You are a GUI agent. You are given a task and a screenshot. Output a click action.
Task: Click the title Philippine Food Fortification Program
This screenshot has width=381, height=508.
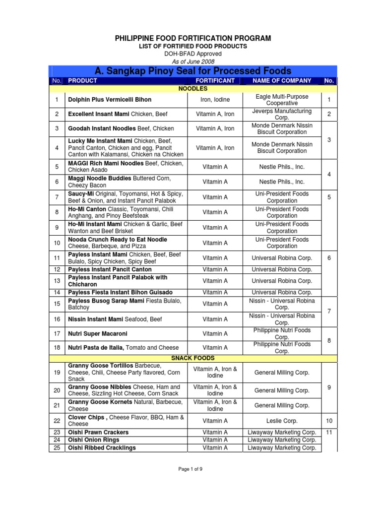click(193, 38)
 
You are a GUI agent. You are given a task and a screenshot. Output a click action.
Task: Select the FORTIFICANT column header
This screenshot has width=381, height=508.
click(215, 80)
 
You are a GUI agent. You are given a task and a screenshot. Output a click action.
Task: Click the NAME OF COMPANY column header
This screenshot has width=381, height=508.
click(282, 80)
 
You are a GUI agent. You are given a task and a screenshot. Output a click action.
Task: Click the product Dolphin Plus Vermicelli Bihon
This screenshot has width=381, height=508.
click(110, 100)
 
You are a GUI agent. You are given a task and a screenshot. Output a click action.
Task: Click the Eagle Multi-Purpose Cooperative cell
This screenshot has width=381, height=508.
click(282, 100)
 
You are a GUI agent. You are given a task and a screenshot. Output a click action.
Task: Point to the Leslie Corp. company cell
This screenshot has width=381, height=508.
click(282, 421)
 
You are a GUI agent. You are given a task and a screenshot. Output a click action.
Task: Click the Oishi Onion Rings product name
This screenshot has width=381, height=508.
click(94, 440)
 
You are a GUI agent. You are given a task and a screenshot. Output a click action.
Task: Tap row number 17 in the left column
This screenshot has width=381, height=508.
click(57, 334)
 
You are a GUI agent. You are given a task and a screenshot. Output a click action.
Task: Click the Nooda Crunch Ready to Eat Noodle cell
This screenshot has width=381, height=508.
click(118, 243)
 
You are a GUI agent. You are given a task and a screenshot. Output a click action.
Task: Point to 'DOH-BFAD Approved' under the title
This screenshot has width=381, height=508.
click(193, 54)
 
